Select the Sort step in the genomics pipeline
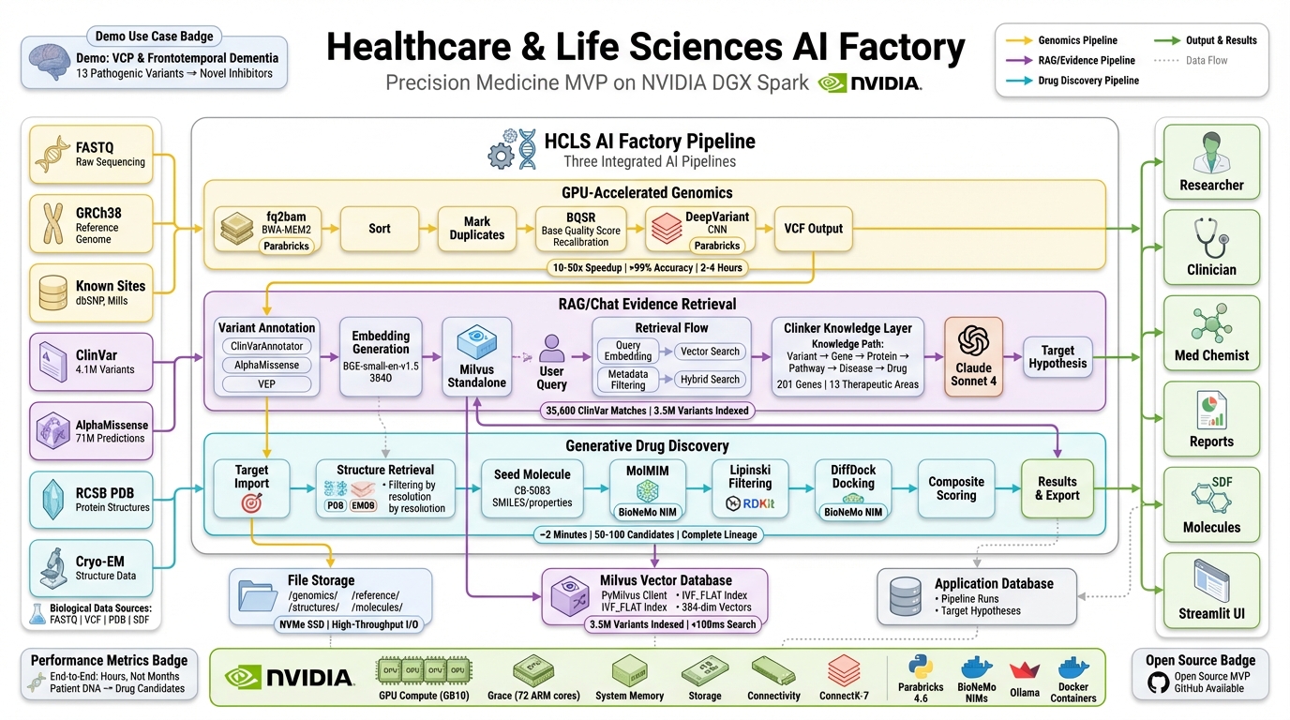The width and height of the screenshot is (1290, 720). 379,229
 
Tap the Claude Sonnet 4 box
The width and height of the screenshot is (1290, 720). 973,356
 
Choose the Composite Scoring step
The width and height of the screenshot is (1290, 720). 956,488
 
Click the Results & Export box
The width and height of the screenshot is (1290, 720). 1057,488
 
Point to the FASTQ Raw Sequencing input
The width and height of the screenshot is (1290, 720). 91,155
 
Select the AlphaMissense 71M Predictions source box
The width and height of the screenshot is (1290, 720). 91,430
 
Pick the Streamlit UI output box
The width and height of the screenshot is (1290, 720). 1211,591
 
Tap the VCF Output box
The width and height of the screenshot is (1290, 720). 813,229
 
